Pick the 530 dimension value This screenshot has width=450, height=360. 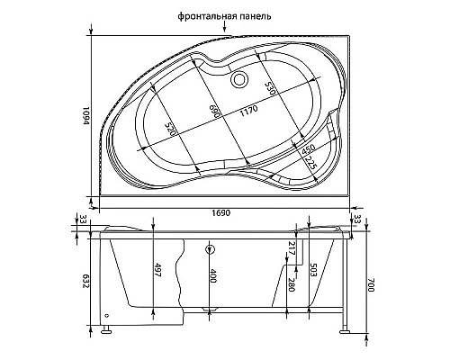(x=267, y=87)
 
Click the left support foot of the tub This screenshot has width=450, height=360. (x=108, y=329)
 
